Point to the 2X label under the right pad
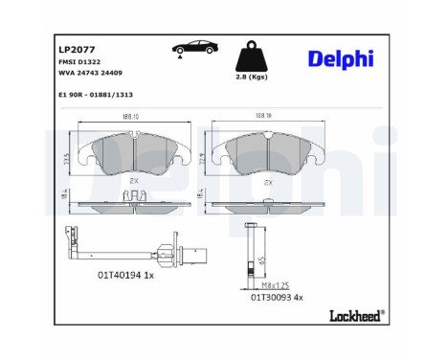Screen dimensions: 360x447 click(270, 179)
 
